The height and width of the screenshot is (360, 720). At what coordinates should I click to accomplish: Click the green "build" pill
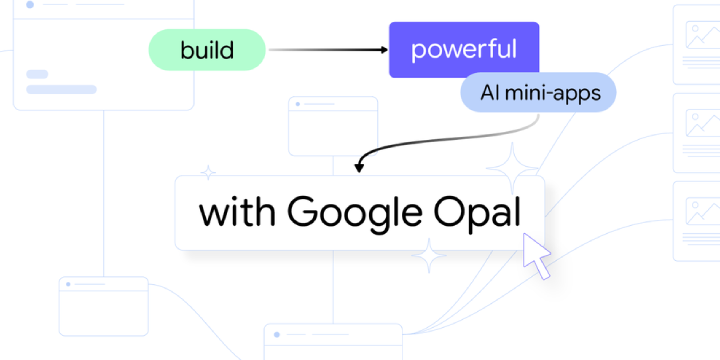pos(207,49)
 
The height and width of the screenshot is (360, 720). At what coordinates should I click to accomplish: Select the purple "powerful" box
pos(464,49)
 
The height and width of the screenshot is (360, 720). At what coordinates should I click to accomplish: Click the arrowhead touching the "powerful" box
pos(383,49)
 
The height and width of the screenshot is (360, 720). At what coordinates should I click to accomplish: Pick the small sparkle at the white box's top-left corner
pos(208,172)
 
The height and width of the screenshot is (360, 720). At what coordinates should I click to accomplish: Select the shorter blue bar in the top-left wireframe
pos(37,74)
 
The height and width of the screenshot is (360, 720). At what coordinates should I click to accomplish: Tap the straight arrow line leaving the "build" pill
pos(325,49)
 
